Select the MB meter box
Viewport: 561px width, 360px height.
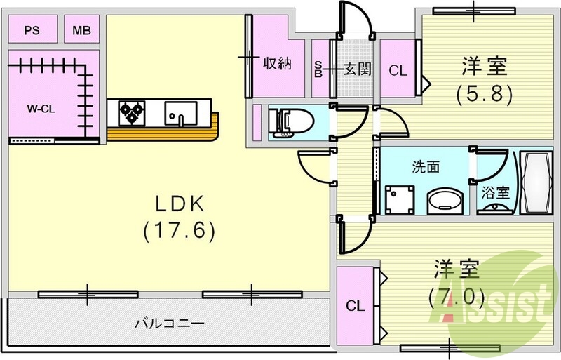(81, 31)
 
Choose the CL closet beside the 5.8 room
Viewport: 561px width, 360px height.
(398, 69)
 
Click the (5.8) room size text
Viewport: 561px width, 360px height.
(483, 92)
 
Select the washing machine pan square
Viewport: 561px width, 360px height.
(399, 199)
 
